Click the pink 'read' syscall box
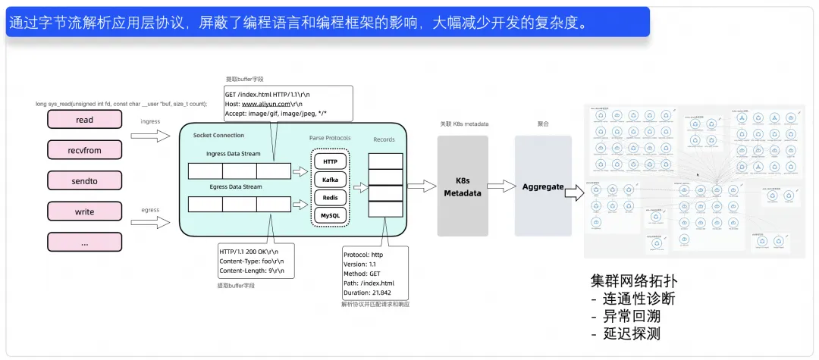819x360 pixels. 84,120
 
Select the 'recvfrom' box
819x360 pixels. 84,150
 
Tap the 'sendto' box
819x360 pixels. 84,180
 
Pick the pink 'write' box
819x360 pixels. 84,211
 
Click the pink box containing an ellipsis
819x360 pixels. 84,243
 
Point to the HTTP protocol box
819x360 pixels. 330,161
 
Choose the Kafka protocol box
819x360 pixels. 330,180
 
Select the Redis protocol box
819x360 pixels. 330,198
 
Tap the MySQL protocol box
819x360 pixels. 330,216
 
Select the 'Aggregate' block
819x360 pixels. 543,186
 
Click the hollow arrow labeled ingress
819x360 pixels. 150,136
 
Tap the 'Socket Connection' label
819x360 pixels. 218,135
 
